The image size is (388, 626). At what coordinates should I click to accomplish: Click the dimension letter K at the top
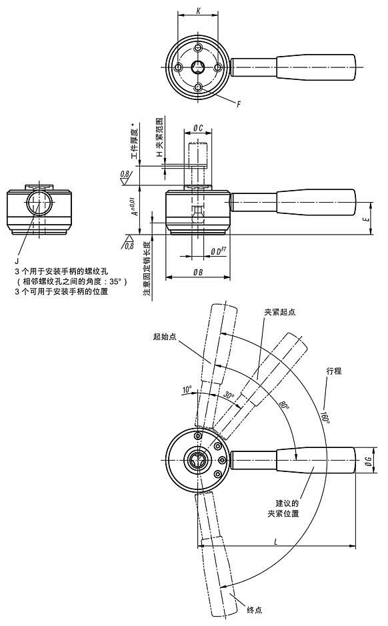[198, 11]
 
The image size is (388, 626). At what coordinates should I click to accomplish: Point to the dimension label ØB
[198, 272]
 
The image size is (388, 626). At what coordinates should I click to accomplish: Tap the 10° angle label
[187, 389]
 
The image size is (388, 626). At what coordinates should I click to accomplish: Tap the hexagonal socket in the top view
[198, 67]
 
